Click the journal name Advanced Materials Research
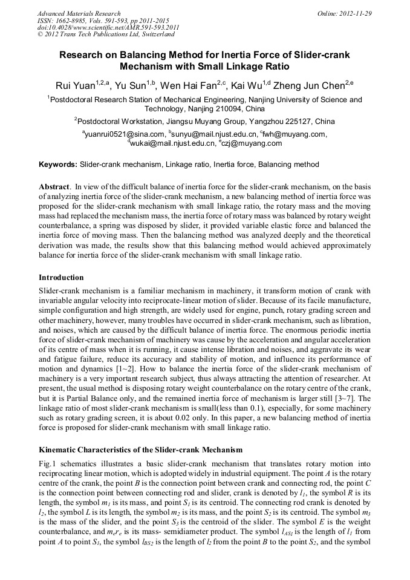79,13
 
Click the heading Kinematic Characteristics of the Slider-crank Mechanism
140,450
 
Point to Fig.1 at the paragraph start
47,464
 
